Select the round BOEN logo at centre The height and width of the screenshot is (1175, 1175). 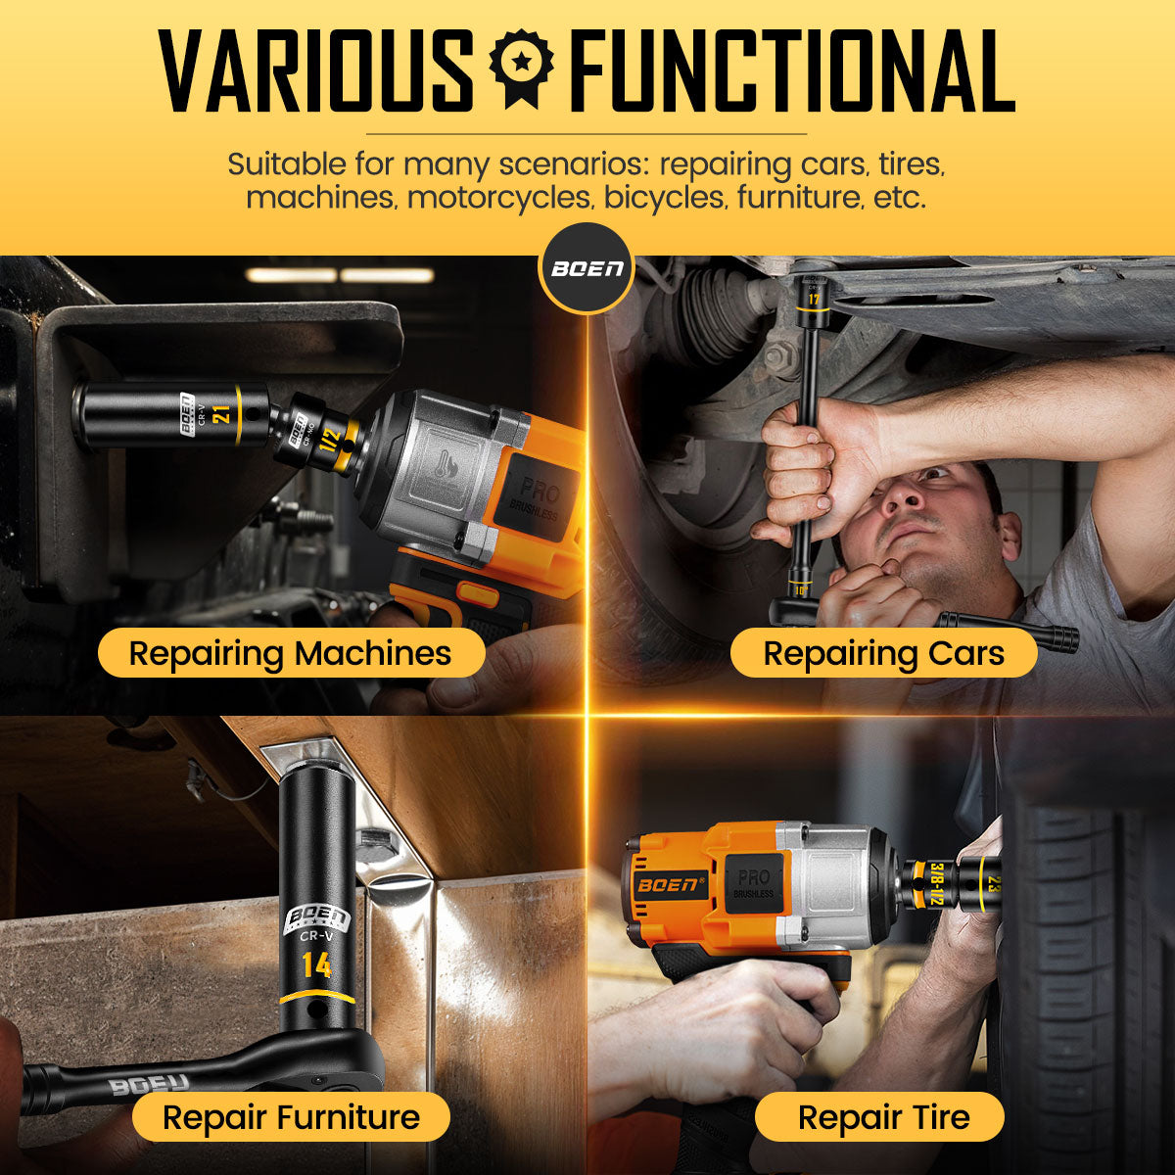click(x=587, y=268)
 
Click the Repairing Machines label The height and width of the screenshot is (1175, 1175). click(x=291, y=653)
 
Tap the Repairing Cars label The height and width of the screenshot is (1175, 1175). click(x=883, y=653)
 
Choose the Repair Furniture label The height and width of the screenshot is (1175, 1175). click(x=291, y=1117)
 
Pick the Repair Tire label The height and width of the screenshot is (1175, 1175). click(x=883, y=1117)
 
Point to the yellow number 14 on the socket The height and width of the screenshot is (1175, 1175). click(x=316, y=965)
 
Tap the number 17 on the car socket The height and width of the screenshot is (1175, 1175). click(x=813, y=298)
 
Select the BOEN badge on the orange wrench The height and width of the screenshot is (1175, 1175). click(x=672, y=885)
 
